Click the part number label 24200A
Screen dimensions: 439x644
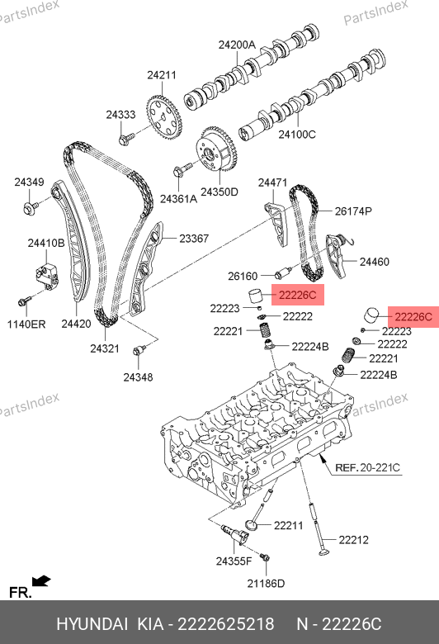(237, 45)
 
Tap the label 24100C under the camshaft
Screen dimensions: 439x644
(297, 135)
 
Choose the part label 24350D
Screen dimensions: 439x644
(219, 192)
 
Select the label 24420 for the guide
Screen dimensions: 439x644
(76, 324)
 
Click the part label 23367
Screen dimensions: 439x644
(194, 239)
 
